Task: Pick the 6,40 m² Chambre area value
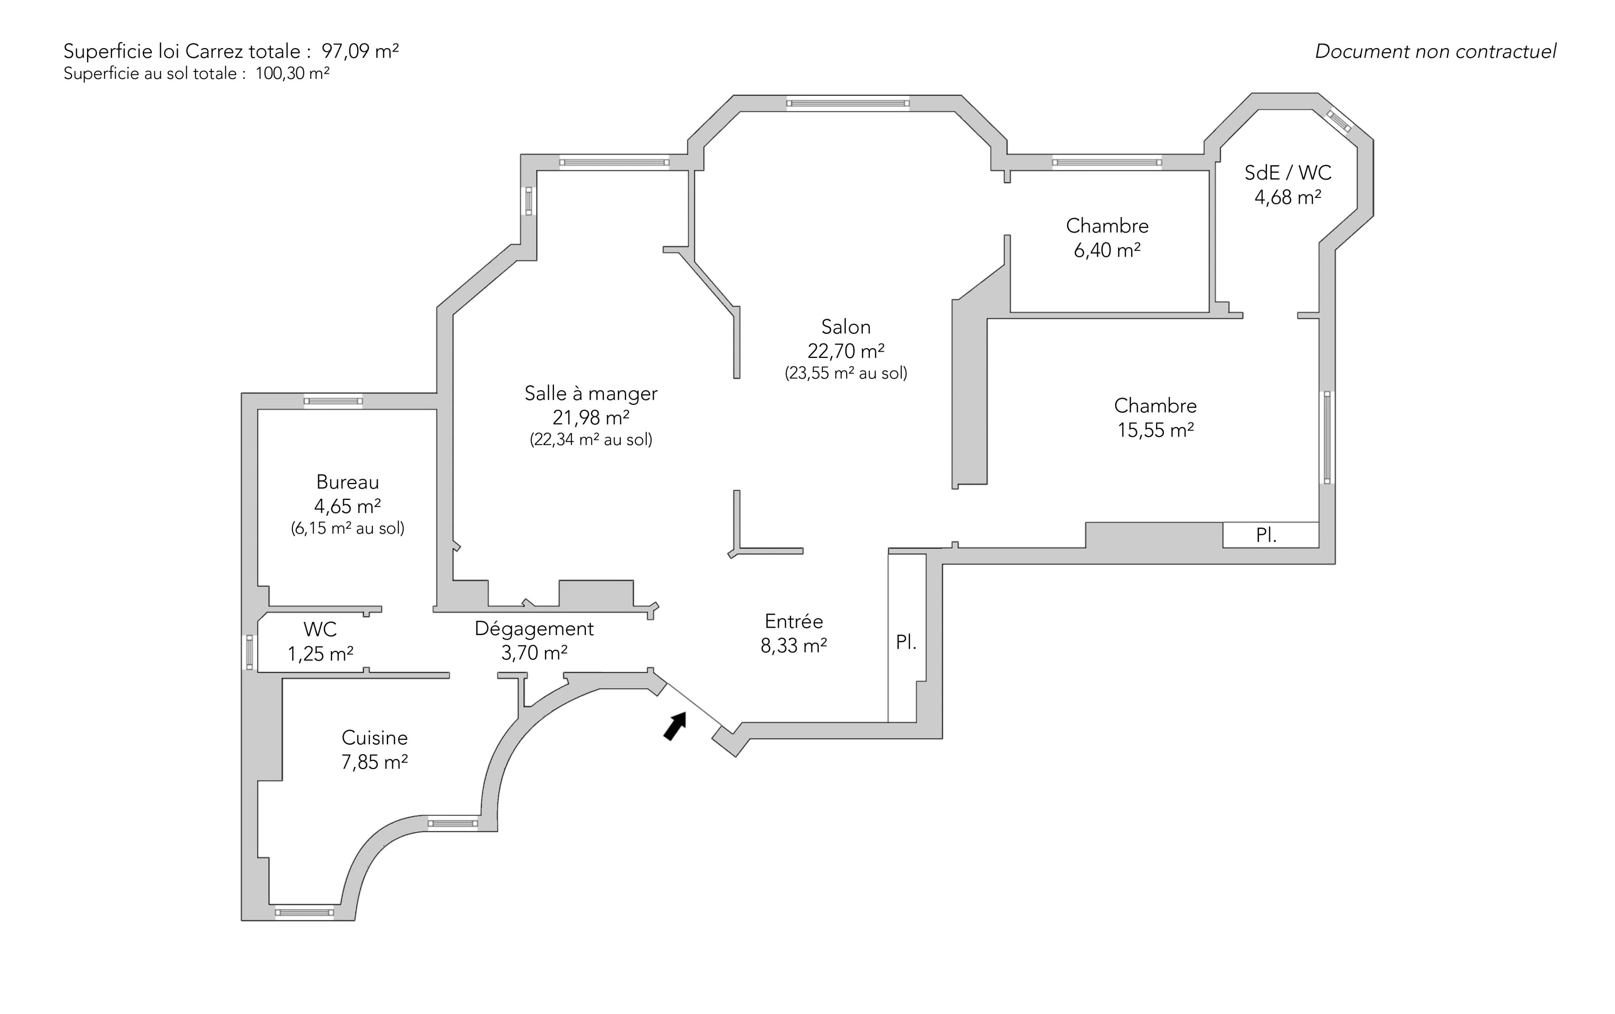click(x=1107, y=250)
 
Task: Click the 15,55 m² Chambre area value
click(x=1155, y=430)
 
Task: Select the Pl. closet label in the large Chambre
click(x=1266, y=535)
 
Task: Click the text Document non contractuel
click(x=1435, y=52)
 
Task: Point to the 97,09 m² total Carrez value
click(x=360, y=51)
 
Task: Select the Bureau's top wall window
click(x=333, y=401)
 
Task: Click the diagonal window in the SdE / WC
click(x=1339, y=121)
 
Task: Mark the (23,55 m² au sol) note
click(x=846, y=373)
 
